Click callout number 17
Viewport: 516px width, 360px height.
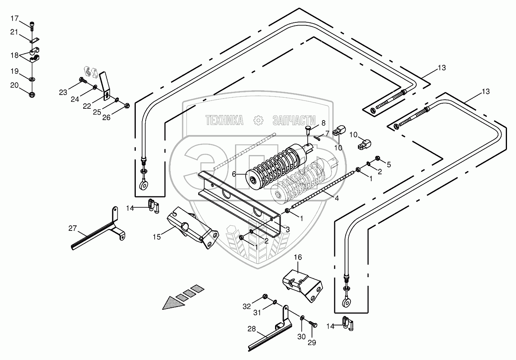point(15,18)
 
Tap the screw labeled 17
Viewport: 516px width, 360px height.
point(32,26)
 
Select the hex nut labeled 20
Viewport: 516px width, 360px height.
point(32,95)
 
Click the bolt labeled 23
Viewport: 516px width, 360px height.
point(83,80)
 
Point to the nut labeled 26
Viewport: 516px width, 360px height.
point(127,106)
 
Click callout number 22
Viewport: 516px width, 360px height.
point(87,106)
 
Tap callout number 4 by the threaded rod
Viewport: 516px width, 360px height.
point(337,198)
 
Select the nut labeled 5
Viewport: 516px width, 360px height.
point(377,158)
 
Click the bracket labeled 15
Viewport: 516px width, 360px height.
point(193,227)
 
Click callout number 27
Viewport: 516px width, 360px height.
point(73,228)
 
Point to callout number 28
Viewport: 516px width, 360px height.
point(252,329)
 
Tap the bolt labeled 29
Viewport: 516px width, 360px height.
point(313,325)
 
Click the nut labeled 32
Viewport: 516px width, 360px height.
point(265,296)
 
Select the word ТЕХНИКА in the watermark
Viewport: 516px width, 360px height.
point(224,120)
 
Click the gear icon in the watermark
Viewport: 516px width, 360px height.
point(258,120)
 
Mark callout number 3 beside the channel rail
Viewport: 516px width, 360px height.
point(288,230)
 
